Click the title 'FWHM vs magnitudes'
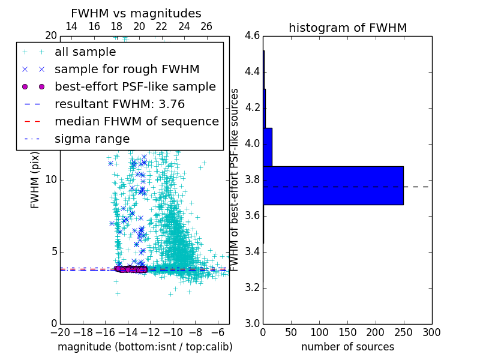(136, 13)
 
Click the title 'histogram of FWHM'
(347, 28)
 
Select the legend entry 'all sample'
(85, 52)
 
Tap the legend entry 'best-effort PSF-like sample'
(135, 86)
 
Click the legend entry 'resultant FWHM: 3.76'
(119, 104)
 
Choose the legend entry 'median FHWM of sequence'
(136, 121)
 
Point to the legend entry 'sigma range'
(92, 139)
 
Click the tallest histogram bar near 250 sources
(333, 185)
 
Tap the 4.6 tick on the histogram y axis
(252, 36)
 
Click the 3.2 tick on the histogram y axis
(252, 287)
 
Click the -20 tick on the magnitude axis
(60, 332)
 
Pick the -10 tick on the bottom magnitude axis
(173, 332)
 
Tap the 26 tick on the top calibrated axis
(206, 26)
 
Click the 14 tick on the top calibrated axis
(71, 26)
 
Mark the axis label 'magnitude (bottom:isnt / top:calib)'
(145, 347)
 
